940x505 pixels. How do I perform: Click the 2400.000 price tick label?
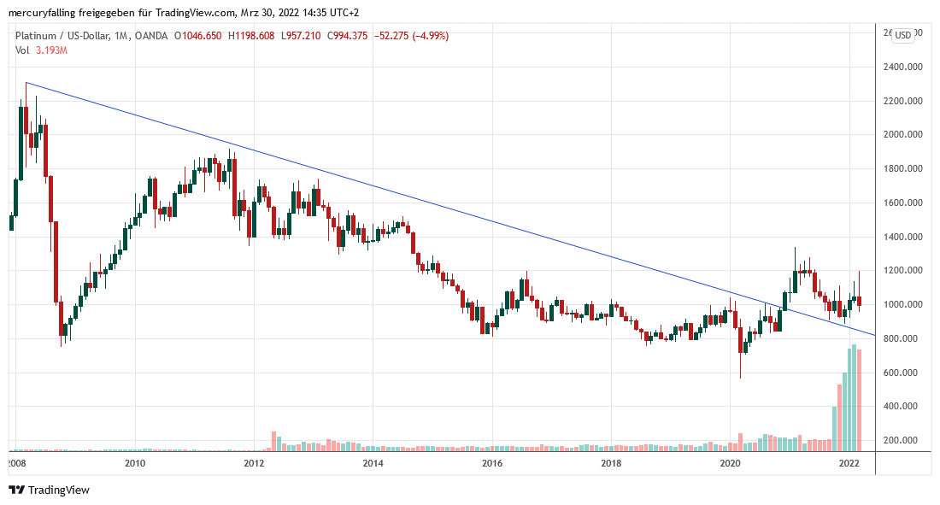click(x=904, y=67)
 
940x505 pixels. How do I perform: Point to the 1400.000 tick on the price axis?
click(x=904, y=237)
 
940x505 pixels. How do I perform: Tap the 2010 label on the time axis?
click(x=134, y=463)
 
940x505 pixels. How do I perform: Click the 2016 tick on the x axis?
click(x=491, y=463)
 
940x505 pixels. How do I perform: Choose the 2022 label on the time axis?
click(x=849, y=463)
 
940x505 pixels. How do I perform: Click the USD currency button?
click(x=902, y=34)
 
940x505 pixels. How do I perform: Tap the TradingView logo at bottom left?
click(x=49, y=490)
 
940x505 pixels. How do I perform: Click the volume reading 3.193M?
click(x=50, y=50)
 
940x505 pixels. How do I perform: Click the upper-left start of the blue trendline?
click(x=26, y=83)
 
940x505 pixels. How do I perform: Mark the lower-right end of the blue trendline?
click(x=874, y=335)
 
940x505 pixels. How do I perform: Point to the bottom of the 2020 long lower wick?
click(x=740, y=378)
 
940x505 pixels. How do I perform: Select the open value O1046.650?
click(x=198, y=36)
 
